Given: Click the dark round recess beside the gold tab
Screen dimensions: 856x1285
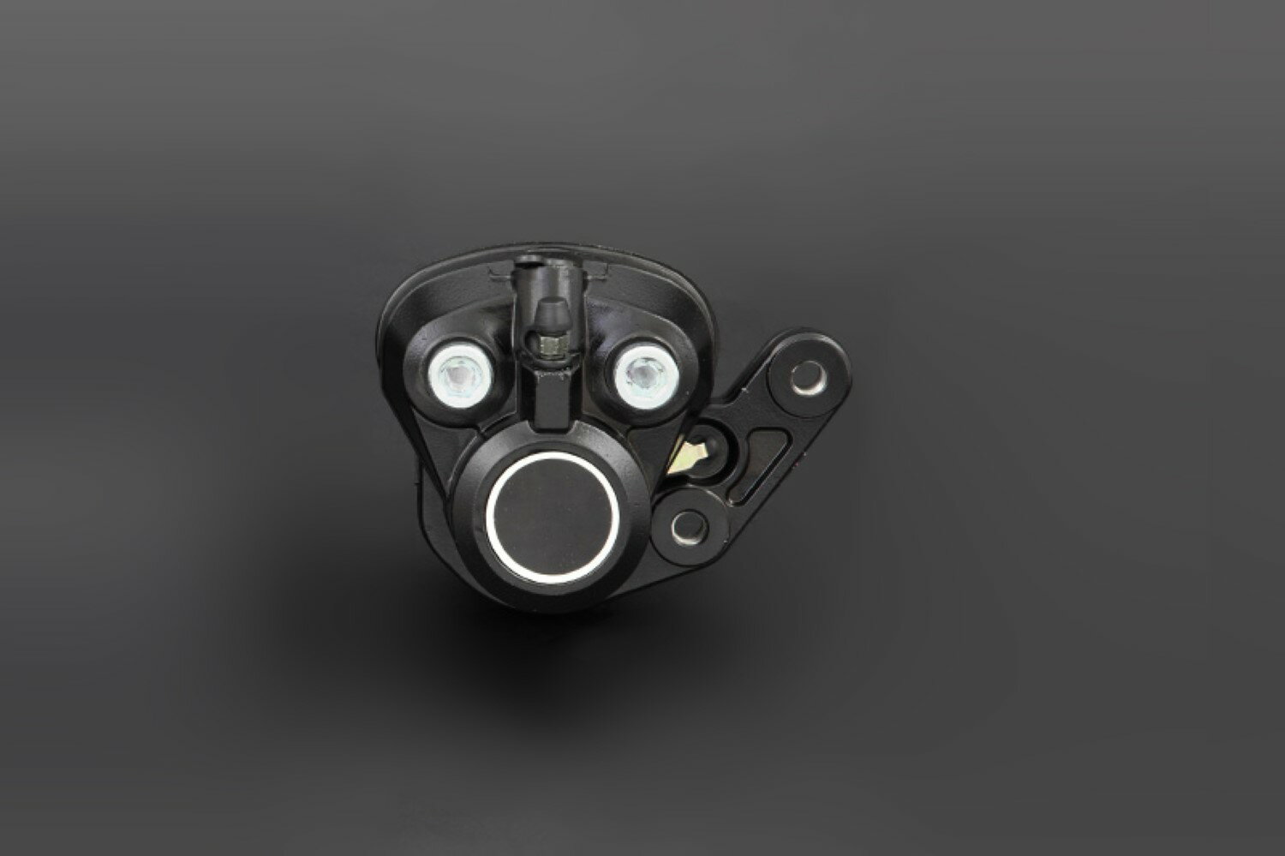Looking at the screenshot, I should click(x=713, y=443).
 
